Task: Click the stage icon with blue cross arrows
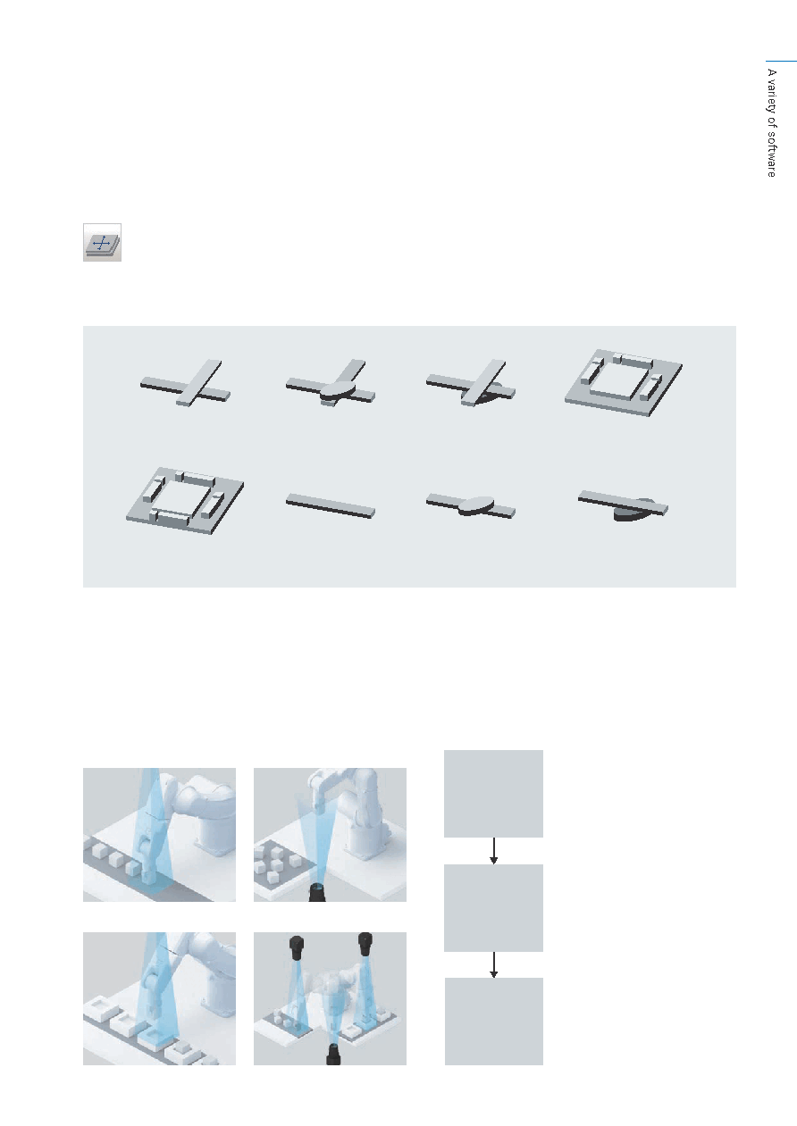point(102,242)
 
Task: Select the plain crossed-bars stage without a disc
point(186,384)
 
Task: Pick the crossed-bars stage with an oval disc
point(331,384)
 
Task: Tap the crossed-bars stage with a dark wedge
point(471,384)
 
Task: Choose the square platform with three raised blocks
point(624,383)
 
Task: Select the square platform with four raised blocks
point(185,501)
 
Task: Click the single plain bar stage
point(331,505)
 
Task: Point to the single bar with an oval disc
point(471,505)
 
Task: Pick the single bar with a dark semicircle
point(623,505)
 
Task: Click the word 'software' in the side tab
point(772,154)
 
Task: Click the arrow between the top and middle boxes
point(494,851)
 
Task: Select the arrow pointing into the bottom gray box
point(494,964)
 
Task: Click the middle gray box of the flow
point(493,908)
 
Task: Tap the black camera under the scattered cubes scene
point(317,892)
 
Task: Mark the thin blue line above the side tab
point(782,62)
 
